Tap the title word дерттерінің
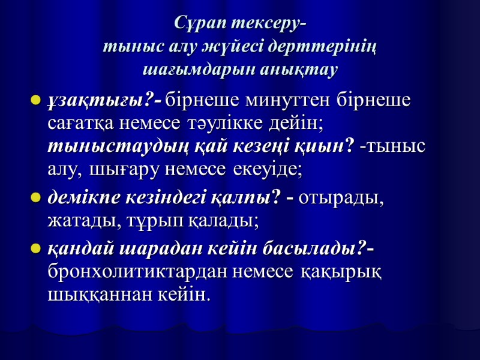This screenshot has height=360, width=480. [334, 47]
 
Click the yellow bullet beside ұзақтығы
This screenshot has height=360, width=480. [35, 100]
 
